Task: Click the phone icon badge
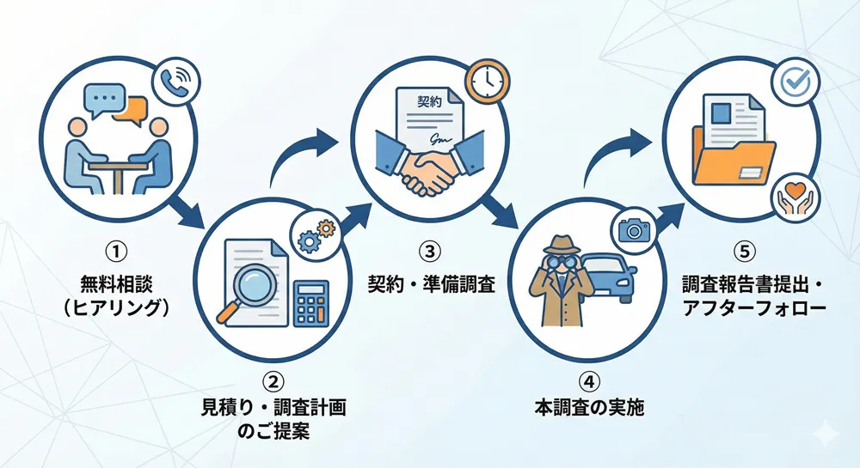(176, 82)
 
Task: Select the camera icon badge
(635, 229)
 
